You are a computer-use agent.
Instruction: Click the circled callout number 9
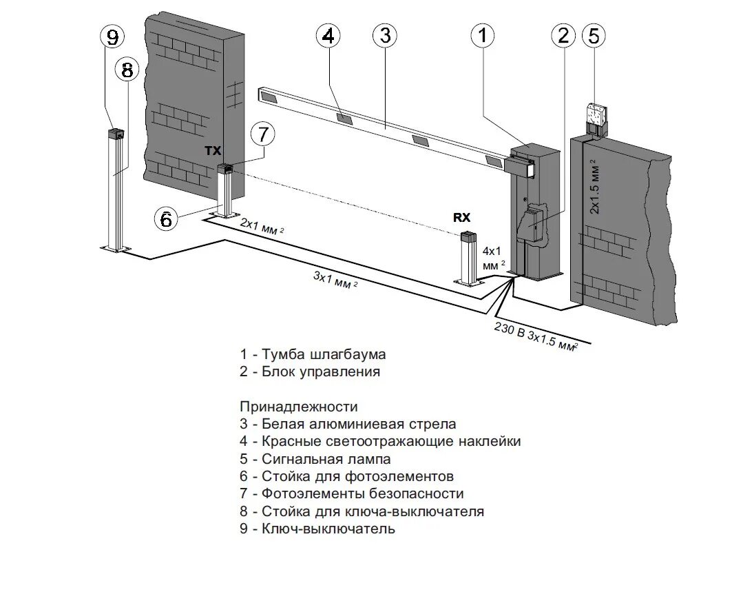click(x=113, y=37)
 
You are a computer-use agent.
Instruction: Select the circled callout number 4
click(x=328, y=36)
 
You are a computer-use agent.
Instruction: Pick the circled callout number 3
click(x=385, y=36)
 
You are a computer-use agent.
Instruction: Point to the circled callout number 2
click(x=563, y=36)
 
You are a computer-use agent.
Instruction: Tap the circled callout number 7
click(x=262, y=135)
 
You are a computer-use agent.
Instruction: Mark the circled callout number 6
click(x=166, y=219)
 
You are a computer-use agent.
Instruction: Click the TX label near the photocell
click(x=213, y=149)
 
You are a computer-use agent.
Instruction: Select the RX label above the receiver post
click(x=461, y=217)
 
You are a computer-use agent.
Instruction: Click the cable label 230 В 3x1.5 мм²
click(x=534, y=336)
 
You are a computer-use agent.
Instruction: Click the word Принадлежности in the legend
click(x=299, y=407)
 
